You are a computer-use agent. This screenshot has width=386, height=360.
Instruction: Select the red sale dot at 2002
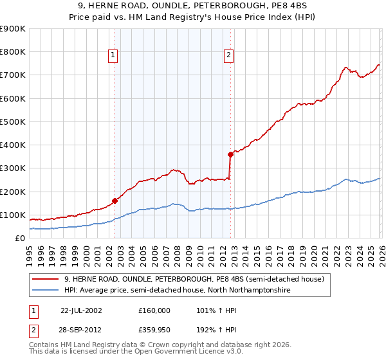tap(115, 201)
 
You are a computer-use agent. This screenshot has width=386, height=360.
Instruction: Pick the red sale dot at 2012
tap(230, 154)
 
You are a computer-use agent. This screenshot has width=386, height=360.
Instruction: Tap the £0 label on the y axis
tap(19, 238)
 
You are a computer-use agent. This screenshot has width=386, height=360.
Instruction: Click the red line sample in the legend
tap(45, 279)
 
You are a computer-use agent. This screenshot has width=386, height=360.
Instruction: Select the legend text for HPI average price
tap(177, 290)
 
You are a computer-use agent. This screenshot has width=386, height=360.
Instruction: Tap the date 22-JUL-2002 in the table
tap(81, 310)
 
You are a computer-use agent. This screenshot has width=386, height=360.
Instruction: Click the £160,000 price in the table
tap(154, 310)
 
